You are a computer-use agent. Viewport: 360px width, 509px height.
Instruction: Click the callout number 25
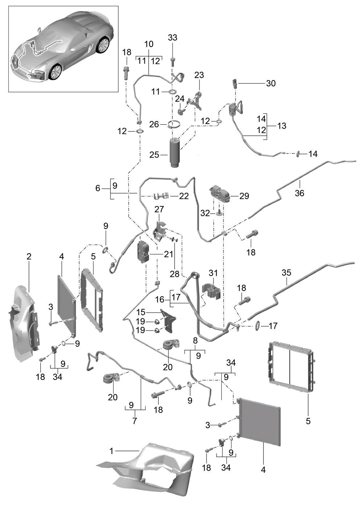(x=154, y=155)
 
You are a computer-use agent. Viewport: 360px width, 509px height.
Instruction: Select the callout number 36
(x=299, y=193)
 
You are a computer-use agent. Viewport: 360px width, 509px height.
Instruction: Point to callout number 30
(x=271, y=83)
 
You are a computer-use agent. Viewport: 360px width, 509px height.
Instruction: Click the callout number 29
(x=244, y=196)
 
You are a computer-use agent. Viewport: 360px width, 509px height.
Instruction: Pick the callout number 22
(x=184, y=196)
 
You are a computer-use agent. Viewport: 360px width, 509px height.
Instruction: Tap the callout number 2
(x=29, y=256)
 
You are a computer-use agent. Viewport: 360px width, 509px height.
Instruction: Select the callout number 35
(x=286, y=272)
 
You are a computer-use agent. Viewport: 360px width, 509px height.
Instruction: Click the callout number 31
(x=213, y=273)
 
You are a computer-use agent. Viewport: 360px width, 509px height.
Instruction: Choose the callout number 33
(x=172, y=37)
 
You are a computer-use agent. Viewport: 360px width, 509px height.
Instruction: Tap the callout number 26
(x=154, y=124)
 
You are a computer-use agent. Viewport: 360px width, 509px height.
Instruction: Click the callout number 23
(x=199, y=75)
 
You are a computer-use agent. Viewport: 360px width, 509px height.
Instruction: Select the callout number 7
(x=135, y=421)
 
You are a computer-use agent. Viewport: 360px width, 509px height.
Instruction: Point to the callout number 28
(x=175, y=274)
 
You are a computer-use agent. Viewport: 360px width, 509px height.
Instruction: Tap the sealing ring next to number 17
(x=258, y=326)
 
